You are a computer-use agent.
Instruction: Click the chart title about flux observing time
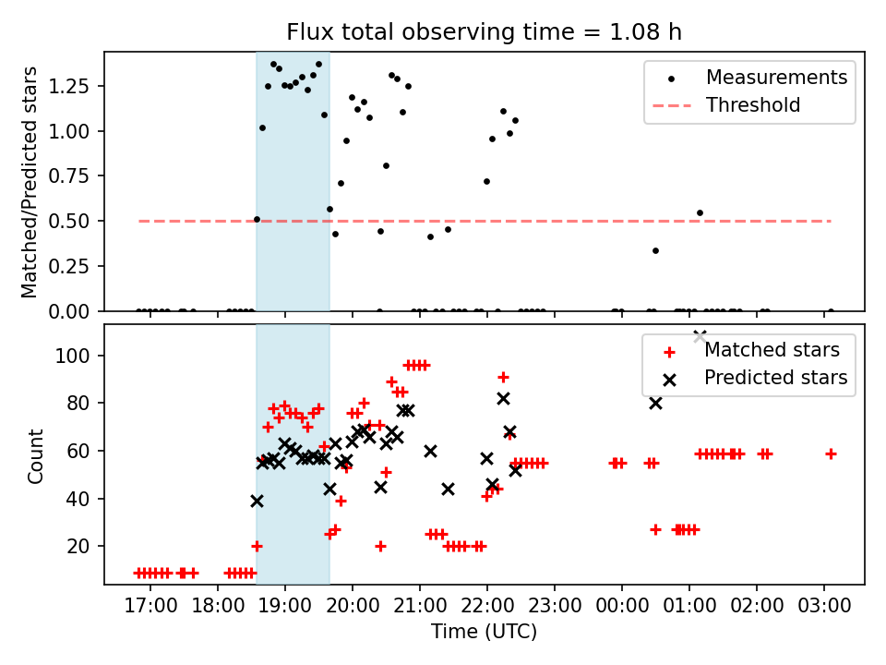tap(484, 32)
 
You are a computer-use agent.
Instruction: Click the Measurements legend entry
tap(776, 78)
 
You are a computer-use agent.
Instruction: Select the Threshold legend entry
tap(752, 105)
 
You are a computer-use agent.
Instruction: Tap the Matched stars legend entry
tap(772, 350)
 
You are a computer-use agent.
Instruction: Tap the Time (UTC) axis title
tap(484, 632)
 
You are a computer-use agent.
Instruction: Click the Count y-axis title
tap(36, 454)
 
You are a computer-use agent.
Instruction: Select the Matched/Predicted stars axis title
tap(30, 182)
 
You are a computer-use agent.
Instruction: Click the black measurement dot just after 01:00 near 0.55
tap(700, 212)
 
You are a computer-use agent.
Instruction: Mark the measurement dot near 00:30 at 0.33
tap(655, 250)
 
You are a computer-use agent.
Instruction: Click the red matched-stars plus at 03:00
tap(831, 453)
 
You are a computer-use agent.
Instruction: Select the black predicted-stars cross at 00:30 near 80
tap(655, 403)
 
